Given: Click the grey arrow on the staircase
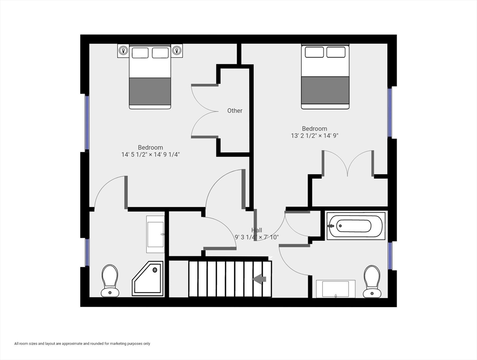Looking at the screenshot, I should point(259,279).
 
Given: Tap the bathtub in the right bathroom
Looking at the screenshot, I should point(356,225).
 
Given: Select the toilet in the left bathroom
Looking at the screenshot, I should point(110,281).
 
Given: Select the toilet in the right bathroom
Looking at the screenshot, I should point(372,281).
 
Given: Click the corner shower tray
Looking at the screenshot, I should point(148,278).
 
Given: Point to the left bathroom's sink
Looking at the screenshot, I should point(156,234).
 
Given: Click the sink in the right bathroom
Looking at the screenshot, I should point(335,288).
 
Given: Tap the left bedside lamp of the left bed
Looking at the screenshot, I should point(123,51).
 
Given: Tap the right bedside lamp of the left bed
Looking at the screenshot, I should point(177,51).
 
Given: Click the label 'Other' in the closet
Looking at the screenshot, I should point(235,111).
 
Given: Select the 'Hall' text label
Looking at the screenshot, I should point(257,230).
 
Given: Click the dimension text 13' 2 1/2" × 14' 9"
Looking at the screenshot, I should point(314,136).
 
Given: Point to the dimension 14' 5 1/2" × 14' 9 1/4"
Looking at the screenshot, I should point(150,154).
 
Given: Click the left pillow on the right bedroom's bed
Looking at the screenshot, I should point(314,52).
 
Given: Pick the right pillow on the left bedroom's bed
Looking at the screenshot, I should point(160,52).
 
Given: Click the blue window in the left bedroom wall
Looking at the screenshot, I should point(87,123).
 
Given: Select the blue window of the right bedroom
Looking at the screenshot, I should point(389,112).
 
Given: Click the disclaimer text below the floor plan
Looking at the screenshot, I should point(82,344).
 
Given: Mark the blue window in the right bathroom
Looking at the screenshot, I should point(389,255).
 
